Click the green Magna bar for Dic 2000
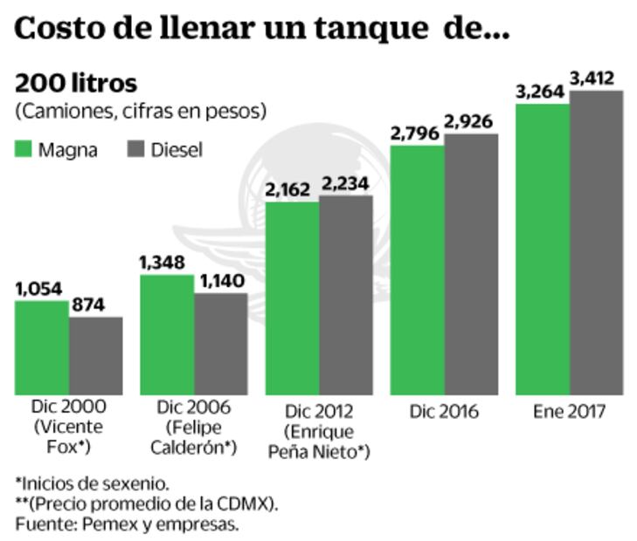42,347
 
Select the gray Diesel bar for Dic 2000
96,355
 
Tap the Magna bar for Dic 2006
167,334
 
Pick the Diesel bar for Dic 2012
346,295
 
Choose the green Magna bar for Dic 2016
417,270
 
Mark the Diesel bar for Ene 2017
597,243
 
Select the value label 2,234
345,183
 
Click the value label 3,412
597,79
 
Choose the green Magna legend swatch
24,149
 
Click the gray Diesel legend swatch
137,149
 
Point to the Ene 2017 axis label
568,412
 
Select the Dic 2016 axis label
444,412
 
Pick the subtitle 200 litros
76,84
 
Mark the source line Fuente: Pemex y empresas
127,524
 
